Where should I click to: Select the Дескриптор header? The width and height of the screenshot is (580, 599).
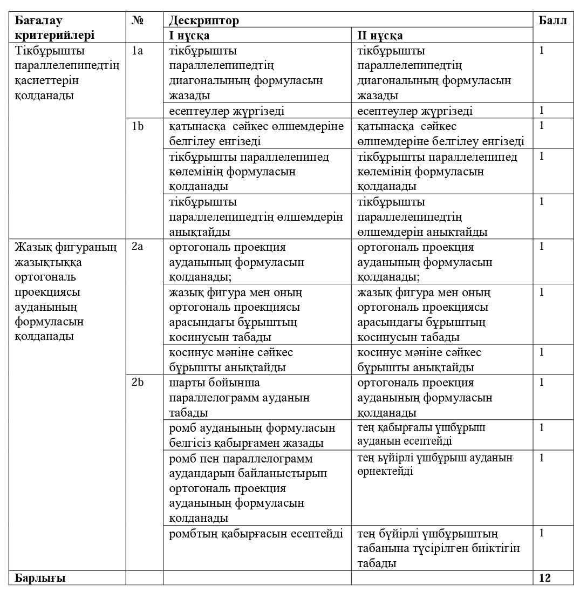click(x=203, y=21)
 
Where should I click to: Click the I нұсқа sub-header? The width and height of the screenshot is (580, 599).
click(x=189, y=36)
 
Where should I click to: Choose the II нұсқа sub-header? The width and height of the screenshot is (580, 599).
click(x=380, y=36)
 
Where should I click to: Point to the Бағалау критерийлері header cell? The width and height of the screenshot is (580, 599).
click(x=54, y=28)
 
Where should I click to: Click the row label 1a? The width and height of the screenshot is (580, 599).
click(x=137, y=51)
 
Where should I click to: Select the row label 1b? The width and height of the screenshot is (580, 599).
click(x=137, y=126)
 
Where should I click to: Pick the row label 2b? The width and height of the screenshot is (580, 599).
click(x=138, y=383)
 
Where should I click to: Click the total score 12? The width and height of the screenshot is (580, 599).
click(x=545, y=578)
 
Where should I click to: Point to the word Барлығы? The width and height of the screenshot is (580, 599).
click(x=40, y=578)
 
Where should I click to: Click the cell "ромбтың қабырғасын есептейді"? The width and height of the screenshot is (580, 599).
click(x=256, y=534)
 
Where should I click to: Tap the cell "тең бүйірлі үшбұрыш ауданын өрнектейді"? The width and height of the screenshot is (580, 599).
click(x=435, y=464)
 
